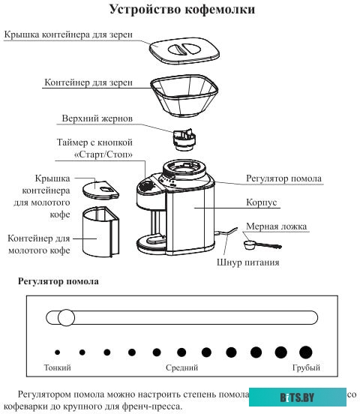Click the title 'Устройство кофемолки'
tap(181, 10)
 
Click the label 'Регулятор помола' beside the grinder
tap(284, 178)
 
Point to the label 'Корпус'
tap(262, 202)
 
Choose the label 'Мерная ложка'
tap(279, 226)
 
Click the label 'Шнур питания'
tap(247, 262)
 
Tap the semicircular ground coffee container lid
tap(94, 188)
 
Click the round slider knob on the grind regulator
tap(66, 317)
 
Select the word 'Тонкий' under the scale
tap(58, 368)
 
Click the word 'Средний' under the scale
tap(181, 368)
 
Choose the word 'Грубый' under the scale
tap(306, 368)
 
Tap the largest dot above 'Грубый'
tap(305, 352)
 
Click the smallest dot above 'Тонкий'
tap(58, 352)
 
